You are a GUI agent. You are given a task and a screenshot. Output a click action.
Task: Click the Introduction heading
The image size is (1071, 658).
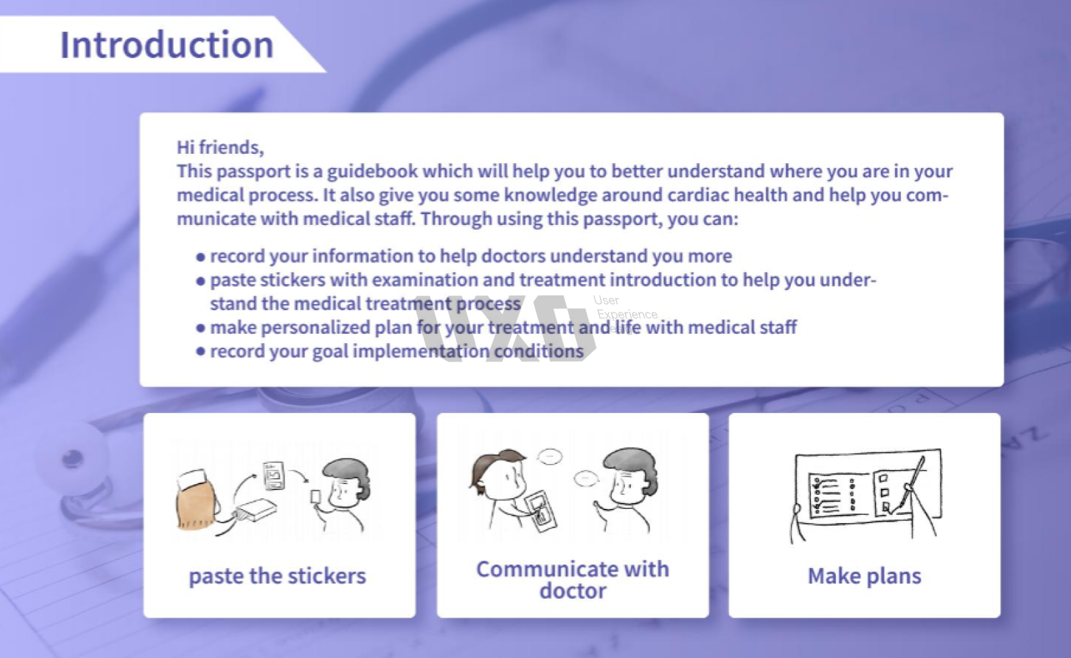pos(167,44)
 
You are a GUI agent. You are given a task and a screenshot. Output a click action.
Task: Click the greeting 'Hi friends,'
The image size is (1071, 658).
pos(220,147)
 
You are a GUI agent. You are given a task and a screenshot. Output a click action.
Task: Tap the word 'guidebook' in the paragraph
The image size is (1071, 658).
pos(372,171)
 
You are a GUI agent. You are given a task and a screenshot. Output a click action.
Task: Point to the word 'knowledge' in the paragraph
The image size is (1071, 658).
pos(550,195)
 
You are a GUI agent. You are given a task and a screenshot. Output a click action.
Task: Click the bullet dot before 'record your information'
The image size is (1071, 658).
pos(201,257)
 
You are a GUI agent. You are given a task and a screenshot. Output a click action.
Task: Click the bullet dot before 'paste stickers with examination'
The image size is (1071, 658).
pos(201,281)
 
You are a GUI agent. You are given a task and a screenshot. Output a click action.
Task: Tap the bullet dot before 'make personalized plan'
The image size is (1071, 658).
pos(201,328)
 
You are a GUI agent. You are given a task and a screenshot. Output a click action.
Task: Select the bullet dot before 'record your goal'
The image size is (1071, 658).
pos(201,352)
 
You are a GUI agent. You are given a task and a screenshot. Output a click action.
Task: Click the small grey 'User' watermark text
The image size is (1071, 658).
pos(606,300)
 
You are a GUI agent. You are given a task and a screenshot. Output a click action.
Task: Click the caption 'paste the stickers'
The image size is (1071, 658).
pos(277,576)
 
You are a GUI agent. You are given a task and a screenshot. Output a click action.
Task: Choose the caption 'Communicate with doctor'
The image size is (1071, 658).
pos(573,579)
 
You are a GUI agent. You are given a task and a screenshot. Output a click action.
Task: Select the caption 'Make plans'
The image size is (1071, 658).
pos(865,576)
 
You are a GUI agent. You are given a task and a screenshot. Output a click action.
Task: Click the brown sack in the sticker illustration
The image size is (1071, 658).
pos(197,502)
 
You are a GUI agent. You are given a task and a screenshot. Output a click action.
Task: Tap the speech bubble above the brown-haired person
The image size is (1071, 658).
pos(550,457)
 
